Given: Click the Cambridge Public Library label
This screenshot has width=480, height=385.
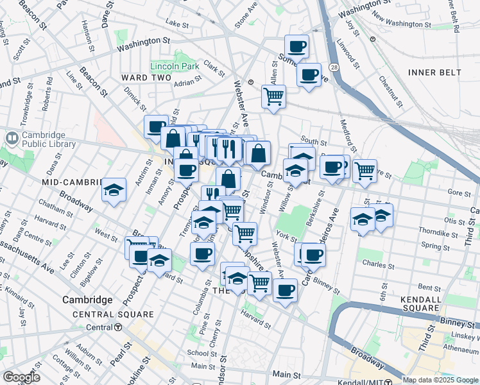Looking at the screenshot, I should [x=49, y=139].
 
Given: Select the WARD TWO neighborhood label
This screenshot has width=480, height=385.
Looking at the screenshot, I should [x=146, y=78].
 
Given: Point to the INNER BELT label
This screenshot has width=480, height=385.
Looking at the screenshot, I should [x=434, y=73].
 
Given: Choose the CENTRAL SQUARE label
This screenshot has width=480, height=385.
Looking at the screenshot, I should [x=113, y=314].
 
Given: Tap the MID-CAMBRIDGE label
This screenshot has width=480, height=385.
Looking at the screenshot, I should [x=69, y=182].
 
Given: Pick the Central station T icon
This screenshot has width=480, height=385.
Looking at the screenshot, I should [x=118, y=327].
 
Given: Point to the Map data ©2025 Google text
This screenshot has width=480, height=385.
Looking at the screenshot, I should [x=440, y=380].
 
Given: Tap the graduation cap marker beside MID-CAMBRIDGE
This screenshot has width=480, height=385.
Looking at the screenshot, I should [x=114, y=190].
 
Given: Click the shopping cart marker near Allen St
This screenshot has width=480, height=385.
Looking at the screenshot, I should [x=274, y=96].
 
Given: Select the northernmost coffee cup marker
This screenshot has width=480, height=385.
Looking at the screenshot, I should [x=297, y=46].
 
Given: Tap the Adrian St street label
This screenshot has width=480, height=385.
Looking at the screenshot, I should [x=187, y=82].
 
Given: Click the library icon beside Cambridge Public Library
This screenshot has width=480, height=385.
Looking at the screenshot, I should [x=12, y=139].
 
